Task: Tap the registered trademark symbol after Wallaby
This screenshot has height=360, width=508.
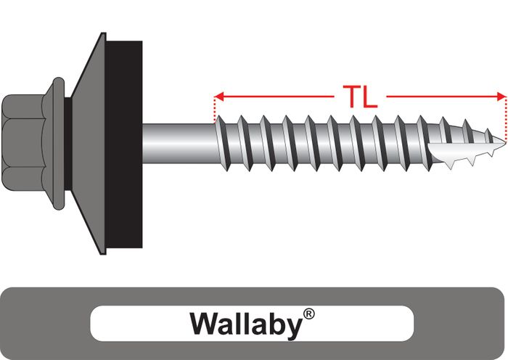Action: coord(309,314)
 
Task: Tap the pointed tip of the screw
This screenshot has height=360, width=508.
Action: coord(500,140)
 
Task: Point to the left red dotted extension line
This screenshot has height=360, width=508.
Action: coord(216,110)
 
